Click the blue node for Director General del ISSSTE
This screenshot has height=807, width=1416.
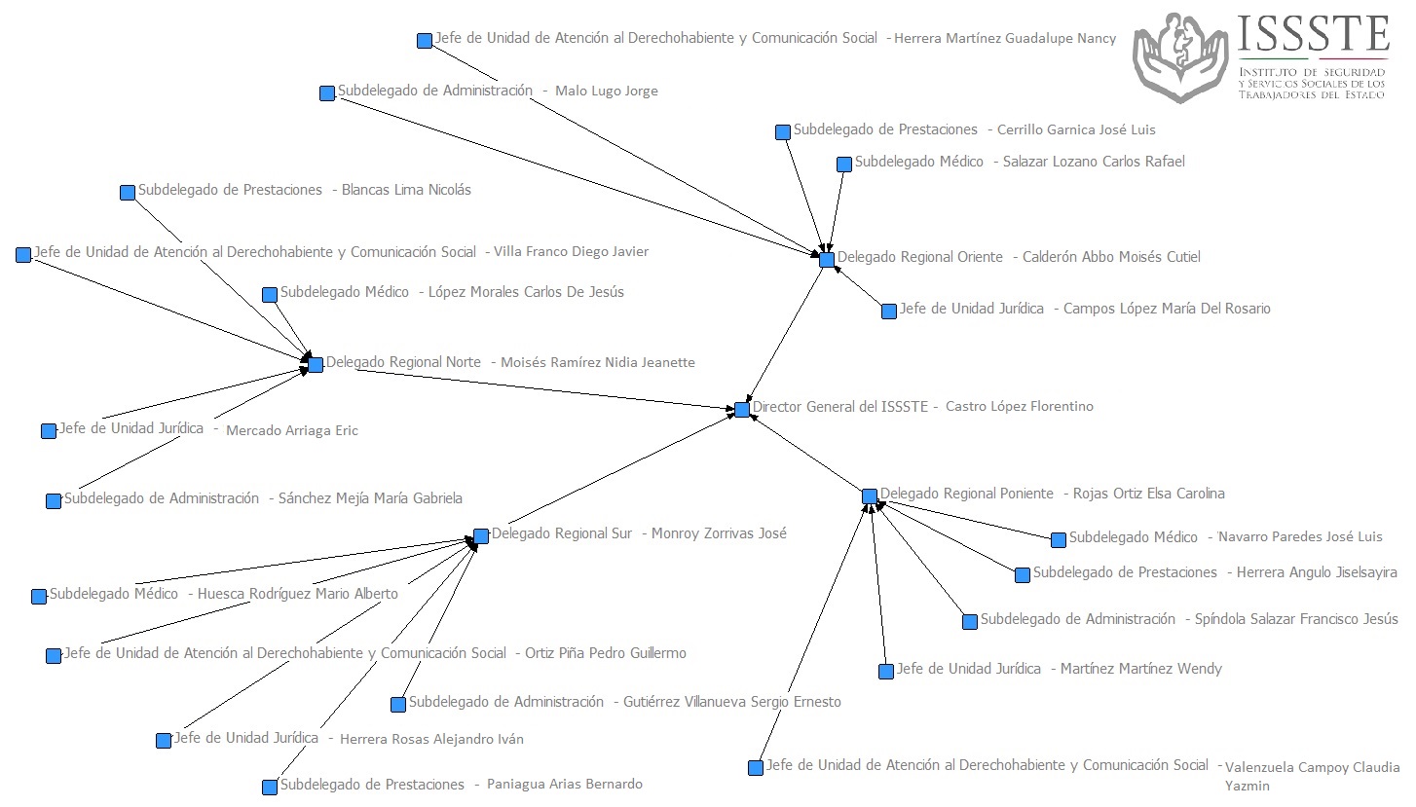(x=742, y=410)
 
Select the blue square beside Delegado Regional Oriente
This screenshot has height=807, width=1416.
(x=827, y=260)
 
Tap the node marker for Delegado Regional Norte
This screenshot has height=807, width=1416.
(x=316, y=365)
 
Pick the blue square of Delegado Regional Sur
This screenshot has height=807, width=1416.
(x=481, y=536)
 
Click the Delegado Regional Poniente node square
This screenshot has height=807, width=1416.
(x=870, y=496)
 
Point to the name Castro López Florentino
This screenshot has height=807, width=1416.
(x=1019, y=407)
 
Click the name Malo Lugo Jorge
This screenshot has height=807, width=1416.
(x=606, y=92)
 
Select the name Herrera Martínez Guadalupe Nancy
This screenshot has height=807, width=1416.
(x=1004, y=39)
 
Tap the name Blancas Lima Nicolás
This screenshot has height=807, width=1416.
(x=406, y=191)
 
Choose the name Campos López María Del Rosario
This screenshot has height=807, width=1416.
(x=1166, y=310)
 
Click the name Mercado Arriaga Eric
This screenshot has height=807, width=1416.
(x=291, y=431)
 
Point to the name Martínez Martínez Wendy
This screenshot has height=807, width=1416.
(x=1140, y=670)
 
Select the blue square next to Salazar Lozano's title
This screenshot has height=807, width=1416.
(x=844, y=165)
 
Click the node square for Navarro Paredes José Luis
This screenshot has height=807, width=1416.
(x=1059, y=540)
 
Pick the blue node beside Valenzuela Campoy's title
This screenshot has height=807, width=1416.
(x=756, y=768)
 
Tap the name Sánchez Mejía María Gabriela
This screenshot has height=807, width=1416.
(x=370, y=499)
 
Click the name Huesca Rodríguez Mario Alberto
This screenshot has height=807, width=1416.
(x=297, y=595)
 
